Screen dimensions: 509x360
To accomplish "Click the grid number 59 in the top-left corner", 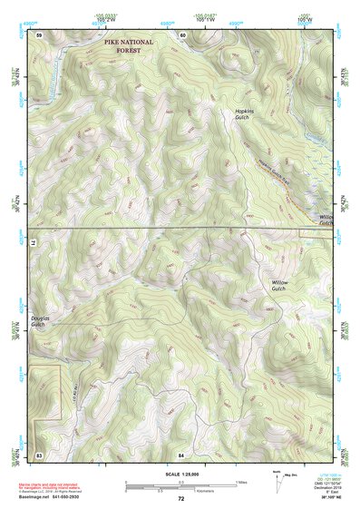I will click(x=39, y=34).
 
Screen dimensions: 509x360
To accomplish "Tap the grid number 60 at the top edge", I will click(x=182, y=34).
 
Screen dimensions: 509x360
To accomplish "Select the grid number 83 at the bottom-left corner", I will click(x=39, y=453).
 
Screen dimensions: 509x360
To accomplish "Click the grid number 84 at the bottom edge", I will click(x=182, y=453).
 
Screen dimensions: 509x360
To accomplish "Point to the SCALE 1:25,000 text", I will click(x=180, y=475).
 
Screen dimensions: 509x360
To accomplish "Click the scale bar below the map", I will click(x=180, y=483).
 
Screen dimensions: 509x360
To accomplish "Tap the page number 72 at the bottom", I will click(x=180, y=498).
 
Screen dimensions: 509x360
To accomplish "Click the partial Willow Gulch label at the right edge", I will click(x=326, y=220).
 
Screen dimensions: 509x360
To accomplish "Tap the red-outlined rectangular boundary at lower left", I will click(x=46, y=391).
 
